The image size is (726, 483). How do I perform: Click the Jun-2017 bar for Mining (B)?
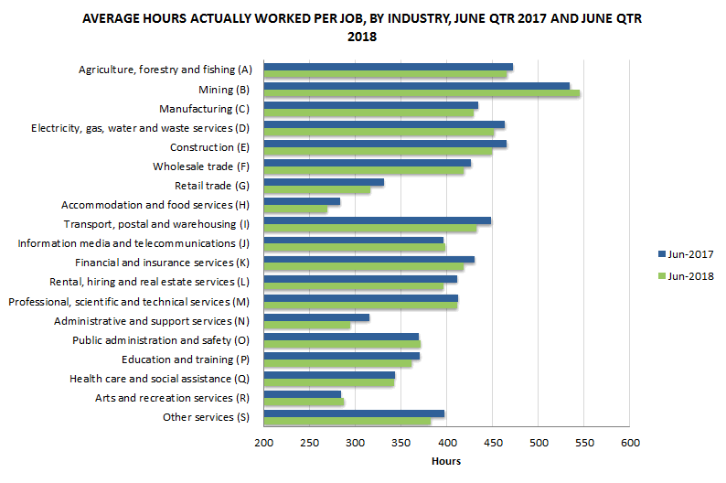416,86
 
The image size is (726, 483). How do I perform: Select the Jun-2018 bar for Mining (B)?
422,93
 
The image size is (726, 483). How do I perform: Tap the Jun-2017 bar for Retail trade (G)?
324,182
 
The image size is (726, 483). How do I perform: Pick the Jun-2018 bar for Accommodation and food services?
295,209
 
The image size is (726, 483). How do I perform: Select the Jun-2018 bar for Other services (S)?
347,421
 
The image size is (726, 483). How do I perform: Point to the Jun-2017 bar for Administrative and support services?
316,317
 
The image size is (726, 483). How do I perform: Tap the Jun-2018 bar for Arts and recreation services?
304,402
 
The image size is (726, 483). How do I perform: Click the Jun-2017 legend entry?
684,254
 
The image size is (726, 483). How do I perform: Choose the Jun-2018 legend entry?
684,275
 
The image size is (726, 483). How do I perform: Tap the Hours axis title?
446,461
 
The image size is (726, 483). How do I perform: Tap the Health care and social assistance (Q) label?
159,379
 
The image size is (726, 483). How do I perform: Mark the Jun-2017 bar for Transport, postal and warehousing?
377,220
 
